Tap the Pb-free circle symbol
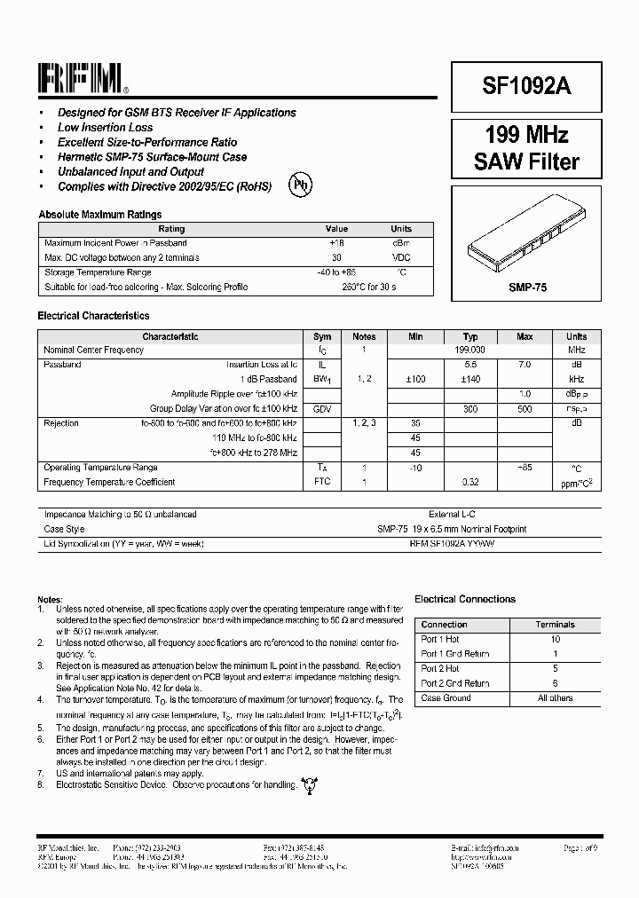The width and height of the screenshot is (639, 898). coord(302,185)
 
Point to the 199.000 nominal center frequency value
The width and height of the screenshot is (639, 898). coord(469,351)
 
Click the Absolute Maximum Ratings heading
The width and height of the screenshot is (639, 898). coord(99,215)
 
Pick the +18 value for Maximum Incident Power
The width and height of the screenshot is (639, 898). coord(336,243)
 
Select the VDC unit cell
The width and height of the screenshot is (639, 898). coord(401,257)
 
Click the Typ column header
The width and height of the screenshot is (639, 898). coord(470,337)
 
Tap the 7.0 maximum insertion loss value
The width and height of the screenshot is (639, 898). coord(525,365)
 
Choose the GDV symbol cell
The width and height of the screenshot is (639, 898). coord(322,409)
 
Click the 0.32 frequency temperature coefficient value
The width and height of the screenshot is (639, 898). coord(470,483)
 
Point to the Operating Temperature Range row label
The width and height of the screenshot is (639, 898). coord(100,468)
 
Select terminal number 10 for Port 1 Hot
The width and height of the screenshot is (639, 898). coord(556,639)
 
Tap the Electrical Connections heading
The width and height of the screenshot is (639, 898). coord(465,600)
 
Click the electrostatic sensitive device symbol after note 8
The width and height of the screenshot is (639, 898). coord(310,784)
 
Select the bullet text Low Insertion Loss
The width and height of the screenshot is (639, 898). coord(105,128)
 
